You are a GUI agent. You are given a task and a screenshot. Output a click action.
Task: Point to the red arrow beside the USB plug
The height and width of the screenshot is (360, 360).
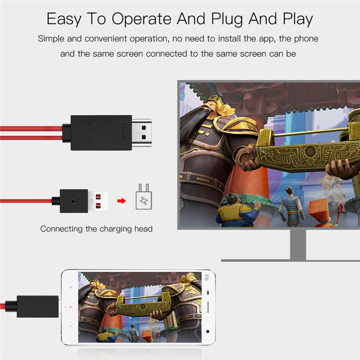point(121,200)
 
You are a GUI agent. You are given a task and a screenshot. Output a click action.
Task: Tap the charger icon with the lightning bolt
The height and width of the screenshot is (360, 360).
point(144,198)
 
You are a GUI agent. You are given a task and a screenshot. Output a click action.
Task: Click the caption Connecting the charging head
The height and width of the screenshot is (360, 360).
point(96,229)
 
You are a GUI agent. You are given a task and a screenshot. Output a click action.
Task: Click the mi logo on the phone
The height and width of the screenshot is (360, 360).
point(207,277)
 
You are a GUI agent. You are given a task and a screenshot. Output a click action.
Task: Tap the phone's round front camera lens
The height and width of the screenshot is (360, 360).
point(207,331)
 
